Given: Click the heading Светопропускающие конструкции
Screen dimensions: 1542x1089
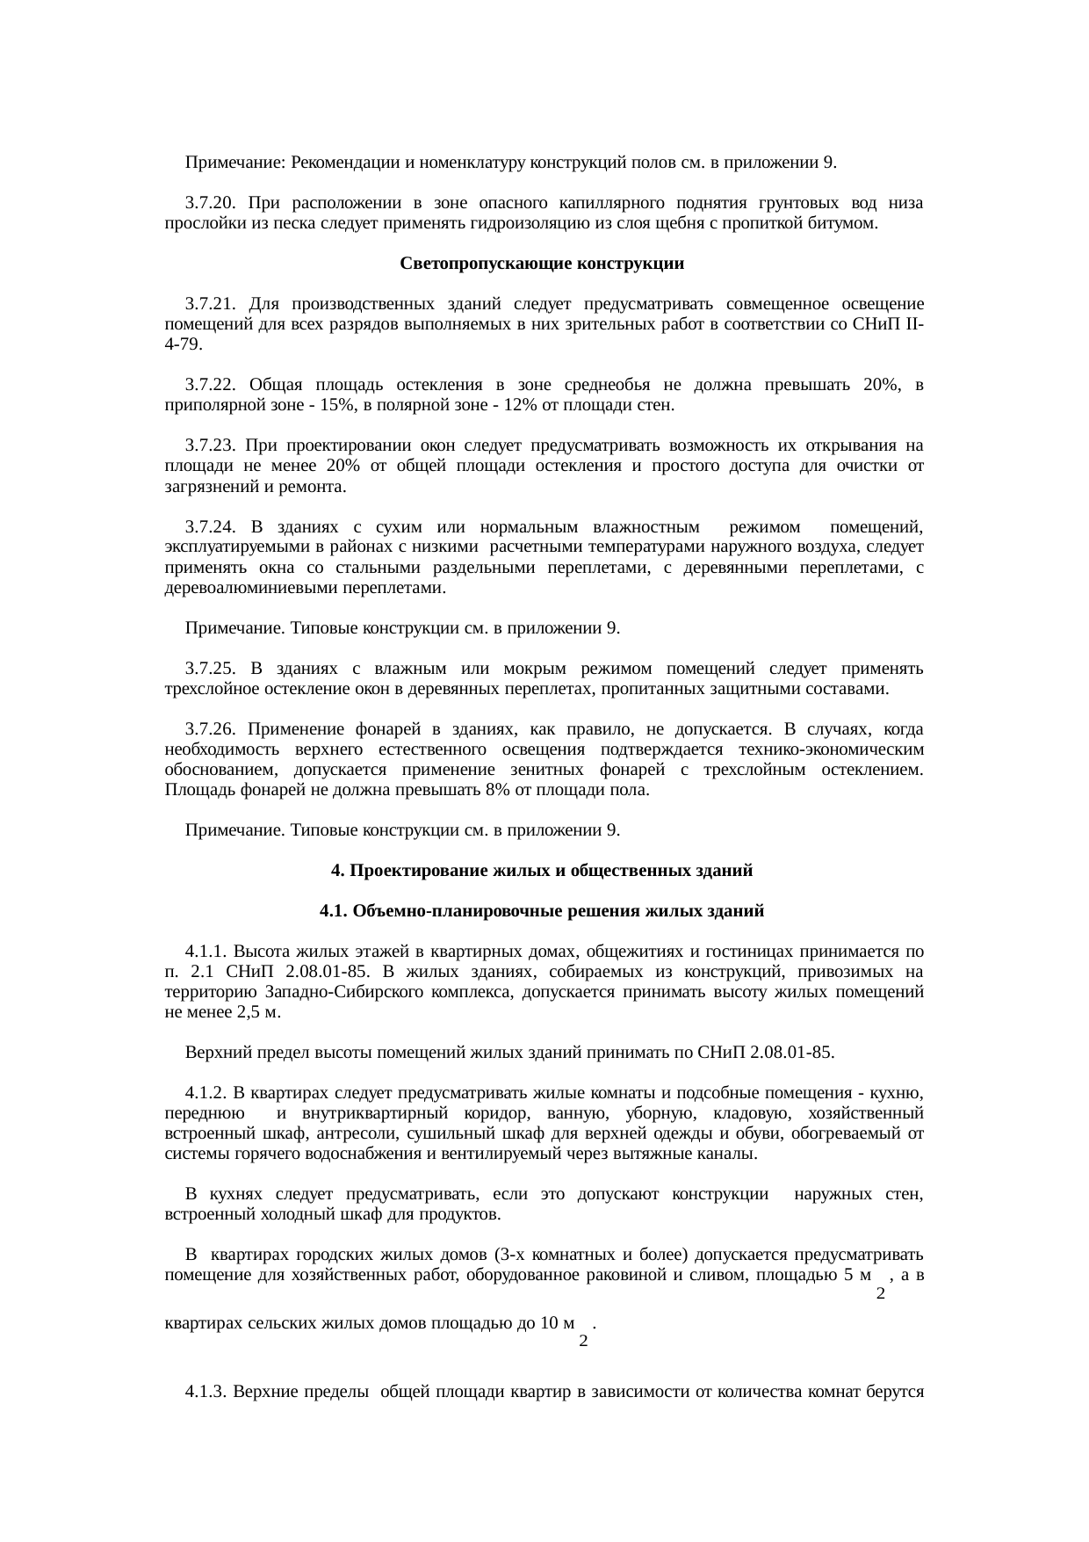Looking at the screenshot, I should pos(542,264).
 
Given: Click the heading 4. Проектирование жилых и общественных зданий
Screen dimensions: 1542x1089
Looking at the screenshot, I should pos(542,872).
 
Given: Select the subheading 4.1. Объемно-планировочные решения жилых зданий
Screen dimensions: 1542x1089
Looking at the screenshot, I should pos(542,911).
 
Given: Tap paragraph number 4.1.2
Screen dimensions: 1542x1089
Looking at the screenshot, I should pos(207,1093).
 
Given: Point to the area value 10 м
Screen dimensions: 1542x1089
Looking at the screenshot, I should pos(554,1322).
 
